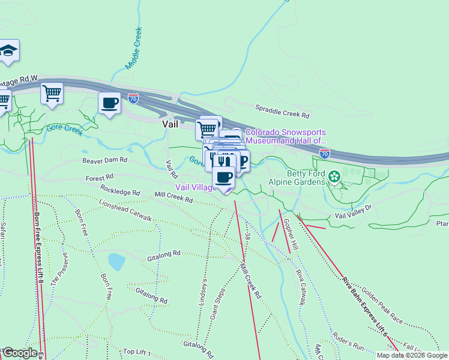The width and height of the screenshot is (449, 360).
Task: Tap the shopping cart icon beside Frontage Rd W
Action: (x=52, y=94)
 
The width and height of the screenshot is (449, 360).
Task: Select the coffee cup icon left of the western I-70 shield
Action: (x=109, y=103)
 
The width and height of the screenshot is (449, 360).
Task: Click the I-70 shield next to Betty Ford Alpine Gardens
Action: (x=324, y=154)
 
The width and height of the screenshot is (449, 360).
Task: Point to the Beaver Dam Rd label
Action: (x=105, y=161)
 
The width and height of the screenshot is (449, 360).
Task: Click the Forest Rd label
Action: (x=100, y=178)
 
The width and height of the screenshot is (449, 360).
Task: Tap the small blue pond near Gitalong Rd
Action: (x=116, y=262)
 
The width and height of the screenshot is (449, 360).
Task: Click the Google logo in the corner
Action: (x=20, y=353)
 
